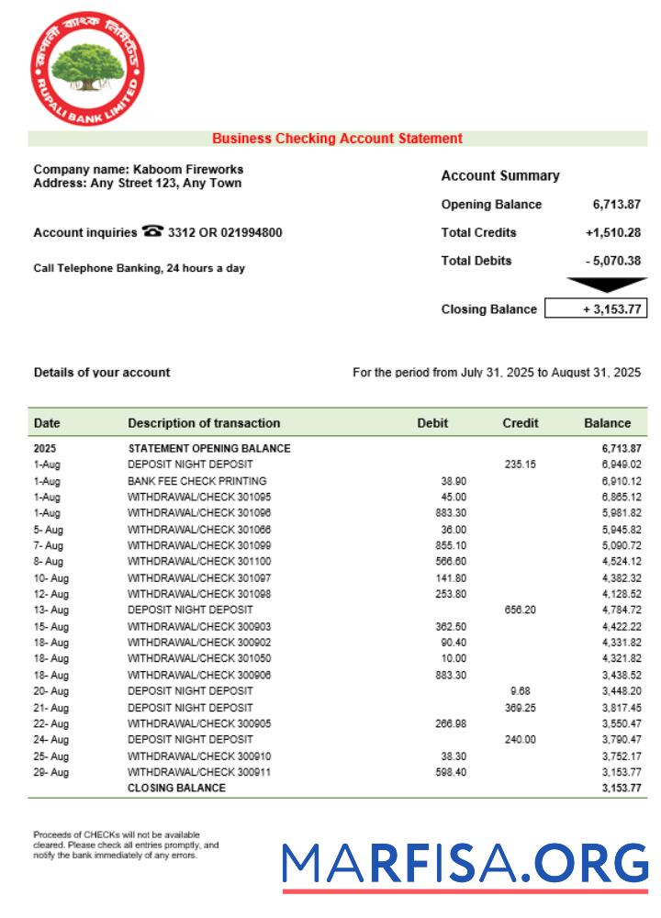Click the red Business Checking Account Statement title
[337, 139]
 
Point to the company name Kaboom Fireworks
[188, 169]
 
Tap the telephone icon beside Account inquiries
[152, 232]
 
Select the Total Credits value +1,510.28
[612, 232]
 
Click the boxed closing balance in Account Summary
[596, 309]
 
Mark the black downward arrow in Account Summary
[607, 285]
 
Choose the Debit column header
[432, 423]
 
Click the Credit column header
[521, 423]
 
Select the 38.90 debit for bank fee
[454, 481]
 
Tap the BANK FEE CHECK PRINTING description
[196, 481]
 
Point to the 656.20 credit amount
[520, 610]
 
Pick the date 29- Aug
[50, 772]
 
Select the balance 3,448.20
[621, 690]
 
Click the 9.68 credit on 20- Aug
[520, 690]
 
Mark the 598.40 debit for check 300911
[450, 772]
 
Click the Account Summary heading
[499, 175]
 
